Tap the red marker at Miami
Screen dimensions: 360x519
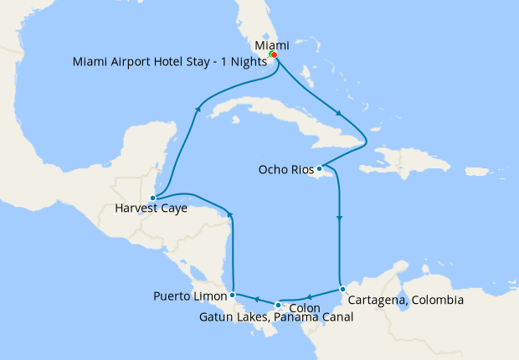coord(274,55)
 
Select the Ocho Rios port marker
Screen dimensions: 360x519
coord(319,168)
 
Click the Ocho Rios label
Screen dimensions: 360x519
coord(285,169)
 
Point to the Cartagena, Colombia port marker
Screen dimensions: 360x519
coord(342,289)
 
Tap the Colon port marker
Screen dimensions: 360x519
coord(278,305)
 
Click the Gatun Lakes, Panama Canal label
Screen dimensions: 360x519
coord(276,317)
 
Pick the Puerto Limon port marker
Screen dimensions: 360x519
coord(232,295)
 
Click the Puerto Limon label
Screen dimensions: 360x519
coord(190,296)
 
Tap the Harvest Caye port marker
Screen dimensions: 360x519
coord(152,198)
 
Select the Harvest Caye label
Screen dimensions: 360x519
coord(152,209)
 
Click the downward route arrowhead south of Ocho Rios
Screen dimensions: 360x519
coord(339,219)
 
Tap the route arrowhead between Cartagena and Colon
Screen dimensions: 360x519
coord(309,296)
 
